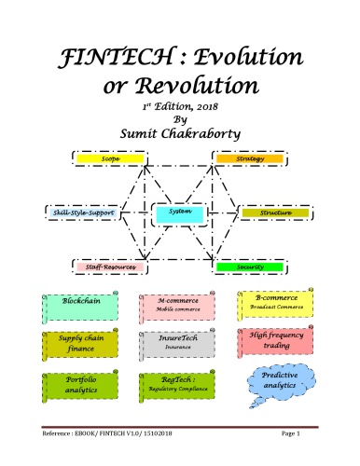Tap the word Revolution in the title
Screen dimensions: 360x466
[x=200, y=89]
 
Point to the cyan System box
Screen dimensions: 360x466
[x=179, y=214]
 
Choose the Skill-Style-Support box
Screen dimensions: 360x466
[x=81, y=213]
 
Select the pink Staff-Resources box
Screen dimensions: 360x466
[x=110, y=267]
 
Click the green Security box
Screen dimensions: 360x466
[x=249, y=267]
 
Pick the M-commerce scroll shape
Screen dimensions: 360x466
[x=174, y=306]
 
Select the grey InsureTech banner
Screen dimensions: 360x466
[x=174, y=344]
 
